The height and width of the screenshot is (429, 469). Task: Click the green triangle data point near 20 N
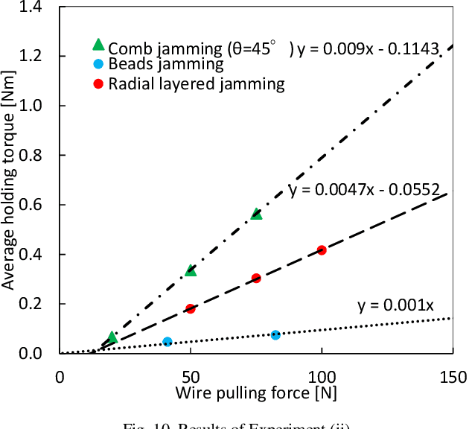pos(112,337)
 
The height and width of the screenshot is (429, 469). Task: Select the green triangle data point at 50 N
pos(191,270)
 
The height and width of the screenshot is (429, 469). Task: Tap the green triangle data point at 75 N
pos(256,214)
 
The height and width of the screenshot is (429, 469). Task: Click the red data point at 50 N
pos(191,308)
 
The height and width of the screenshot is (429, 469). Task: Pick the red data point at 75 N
pos(256,278)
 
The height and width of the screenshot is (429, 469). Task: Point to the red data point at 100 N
pos(322,250)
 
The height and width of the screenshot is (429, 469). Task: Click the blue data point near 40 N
pos(167,342)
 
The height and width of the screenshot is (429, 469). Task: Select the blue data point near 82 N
pos(275,335)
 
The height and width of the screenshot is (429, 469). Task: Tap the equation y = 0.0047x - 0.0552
pos(363,188)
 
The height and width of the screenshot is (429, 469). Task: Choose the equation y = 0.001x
pos(395,305)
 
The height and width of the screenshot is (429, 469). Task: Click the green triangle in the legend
pos(98,47)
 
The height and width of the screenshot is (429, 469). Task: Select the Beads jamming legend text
pos(165,65)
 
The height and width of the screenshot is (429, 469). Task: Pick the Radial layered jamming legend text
pos(196,83)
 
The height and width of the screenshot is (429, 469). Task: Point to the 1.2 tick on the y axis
pos(36,57)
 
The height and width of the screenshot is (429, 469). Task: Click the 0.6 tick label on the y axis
pos(36,205)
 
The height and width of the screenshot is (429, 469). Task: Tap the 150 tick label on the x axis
pos(452,377)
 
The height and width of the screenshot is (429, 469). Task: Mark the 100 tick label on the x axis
pos(321,377)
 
